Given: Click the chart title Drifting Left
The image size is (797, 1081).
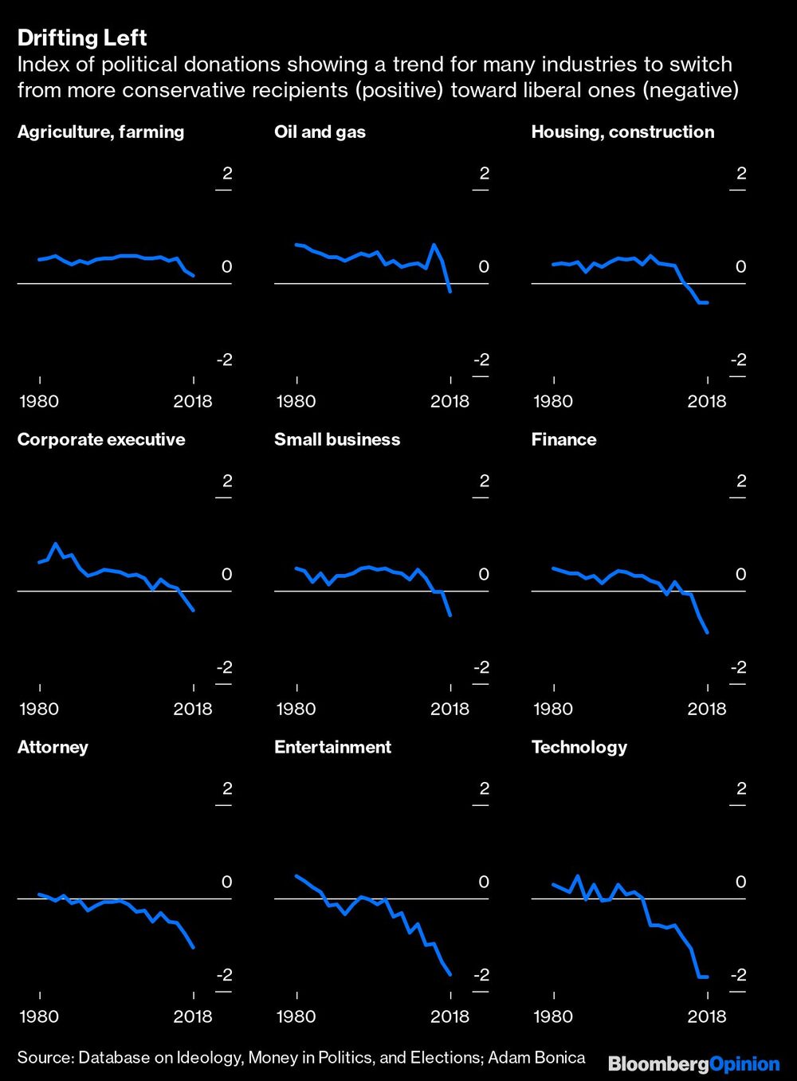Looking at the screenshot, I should pyautogui.click(x=82, y=37).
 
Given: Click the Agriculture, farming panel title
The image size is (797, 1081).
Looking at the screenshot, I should pyautogui.click(x=100, y=132).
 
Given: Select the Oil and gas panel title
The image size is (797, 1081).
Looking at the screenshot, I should pyautogui.click(x=320, y=132).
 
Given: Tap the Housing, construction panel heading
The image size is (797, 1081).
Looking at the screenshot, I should pyautogui.click(x=622, y=132).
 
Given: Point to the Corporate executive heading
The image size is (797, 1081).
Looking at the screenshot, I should pyautogui.click(x=101, y=439).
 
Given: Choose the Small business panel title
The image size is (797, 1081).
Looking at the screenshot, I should pyautogui.click(x=337, y=439).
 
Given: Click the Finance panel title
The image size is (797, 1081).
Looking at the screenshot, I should pyautogui.click(x=563, y=439).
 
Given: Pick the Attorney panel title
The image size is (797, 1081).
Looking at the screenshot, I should pyautogui.click(x=53, y=747).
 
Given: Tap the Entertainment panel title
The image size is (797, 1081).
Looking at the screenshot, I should pyautogui.click(x=332, y=747).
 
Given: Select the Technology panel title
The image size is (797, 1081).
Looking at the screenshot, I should pyautogui.click(x=579, y=747).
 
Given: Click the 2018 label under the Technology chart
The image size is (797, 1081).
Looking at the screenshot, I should pyautogui.click(x=707, y=1016).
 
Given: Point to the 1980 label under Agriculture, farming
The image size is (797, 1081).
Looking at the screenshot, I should pyautogui.click(x=39, y=401).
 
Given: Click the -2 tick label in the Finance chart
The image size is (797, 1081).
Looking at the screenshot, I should pyautogui.click(x=738, y=667).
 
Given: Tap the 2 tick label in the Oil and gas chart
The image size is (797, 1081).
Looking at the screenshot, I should pyautogui.click(x=484, y=173).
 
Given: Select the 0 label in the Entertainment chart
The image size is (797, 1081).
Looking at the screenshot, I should pyautogui.click(x=484, y=882).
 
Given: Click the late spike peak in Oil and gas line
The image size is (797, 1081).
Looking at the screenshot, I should pyautogui.click(x=434, y=245).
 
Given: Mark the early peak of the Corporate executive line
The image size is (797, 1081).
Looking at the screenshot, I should pyautogui.click(x=55, y=544).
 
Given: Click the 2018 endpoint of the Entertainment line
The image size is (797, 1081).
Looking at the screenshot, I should pyautogui.click(x=451, y=974).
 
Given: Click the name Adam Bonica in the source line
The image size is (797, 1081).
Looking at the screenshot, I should pyautogui.click(x=536, y=1058).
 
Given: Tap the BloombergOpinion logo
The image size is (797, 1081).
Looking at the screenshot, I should pyautogui.click(x=693, y=1063).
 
